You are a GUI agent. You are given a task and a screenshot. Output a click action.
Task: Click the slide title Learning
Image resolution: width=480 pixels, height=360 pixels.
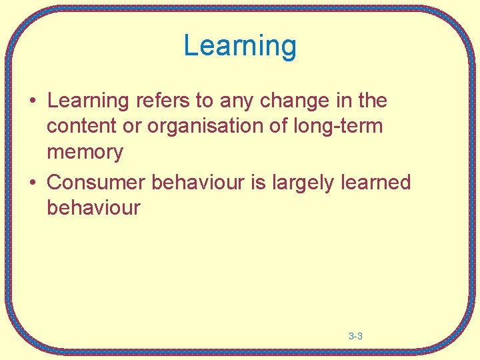coord(240,46)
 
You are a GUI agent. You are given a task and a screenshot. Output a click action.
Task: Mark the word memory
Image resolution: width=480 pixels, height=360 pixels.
coord(85,153)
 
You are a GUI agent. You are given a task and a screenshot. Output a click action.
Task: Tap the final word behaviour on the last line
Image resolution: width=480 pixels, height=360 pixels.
coord(93,207)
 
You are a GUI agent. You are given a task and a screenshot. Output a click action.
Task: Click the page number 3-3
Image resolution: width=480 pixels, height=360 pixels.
coord(355,337)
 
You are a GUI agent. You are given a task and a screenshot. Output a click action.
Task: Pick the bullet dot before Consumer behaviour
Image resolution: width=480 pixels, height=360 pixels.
coord(32,183)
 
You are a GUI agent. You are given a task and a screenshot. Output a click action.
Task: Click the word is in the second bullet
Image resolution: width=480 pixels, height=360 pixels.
coord(259,182)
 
